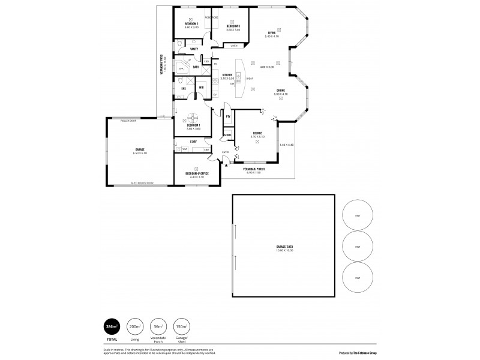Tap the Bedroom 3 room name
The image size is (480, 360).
(x=233, y=26)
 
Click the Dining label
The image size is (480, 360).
(x=280, y=91)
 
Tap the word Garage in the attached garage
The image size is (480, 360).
(x=140, y=149)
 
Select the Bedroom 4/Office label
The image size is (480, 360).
(x=197, y=175)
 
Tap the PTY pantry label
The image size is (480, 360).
(x=228, y=116)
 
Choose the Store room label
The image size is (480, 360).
(x=227, y=136)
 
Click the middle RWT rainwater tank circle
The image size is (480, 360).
(x=358, y=247)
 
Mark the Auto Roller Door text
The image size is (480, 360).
(x=142, y=183)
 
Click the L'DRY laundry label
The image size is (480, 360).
(x=193, y=142)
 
